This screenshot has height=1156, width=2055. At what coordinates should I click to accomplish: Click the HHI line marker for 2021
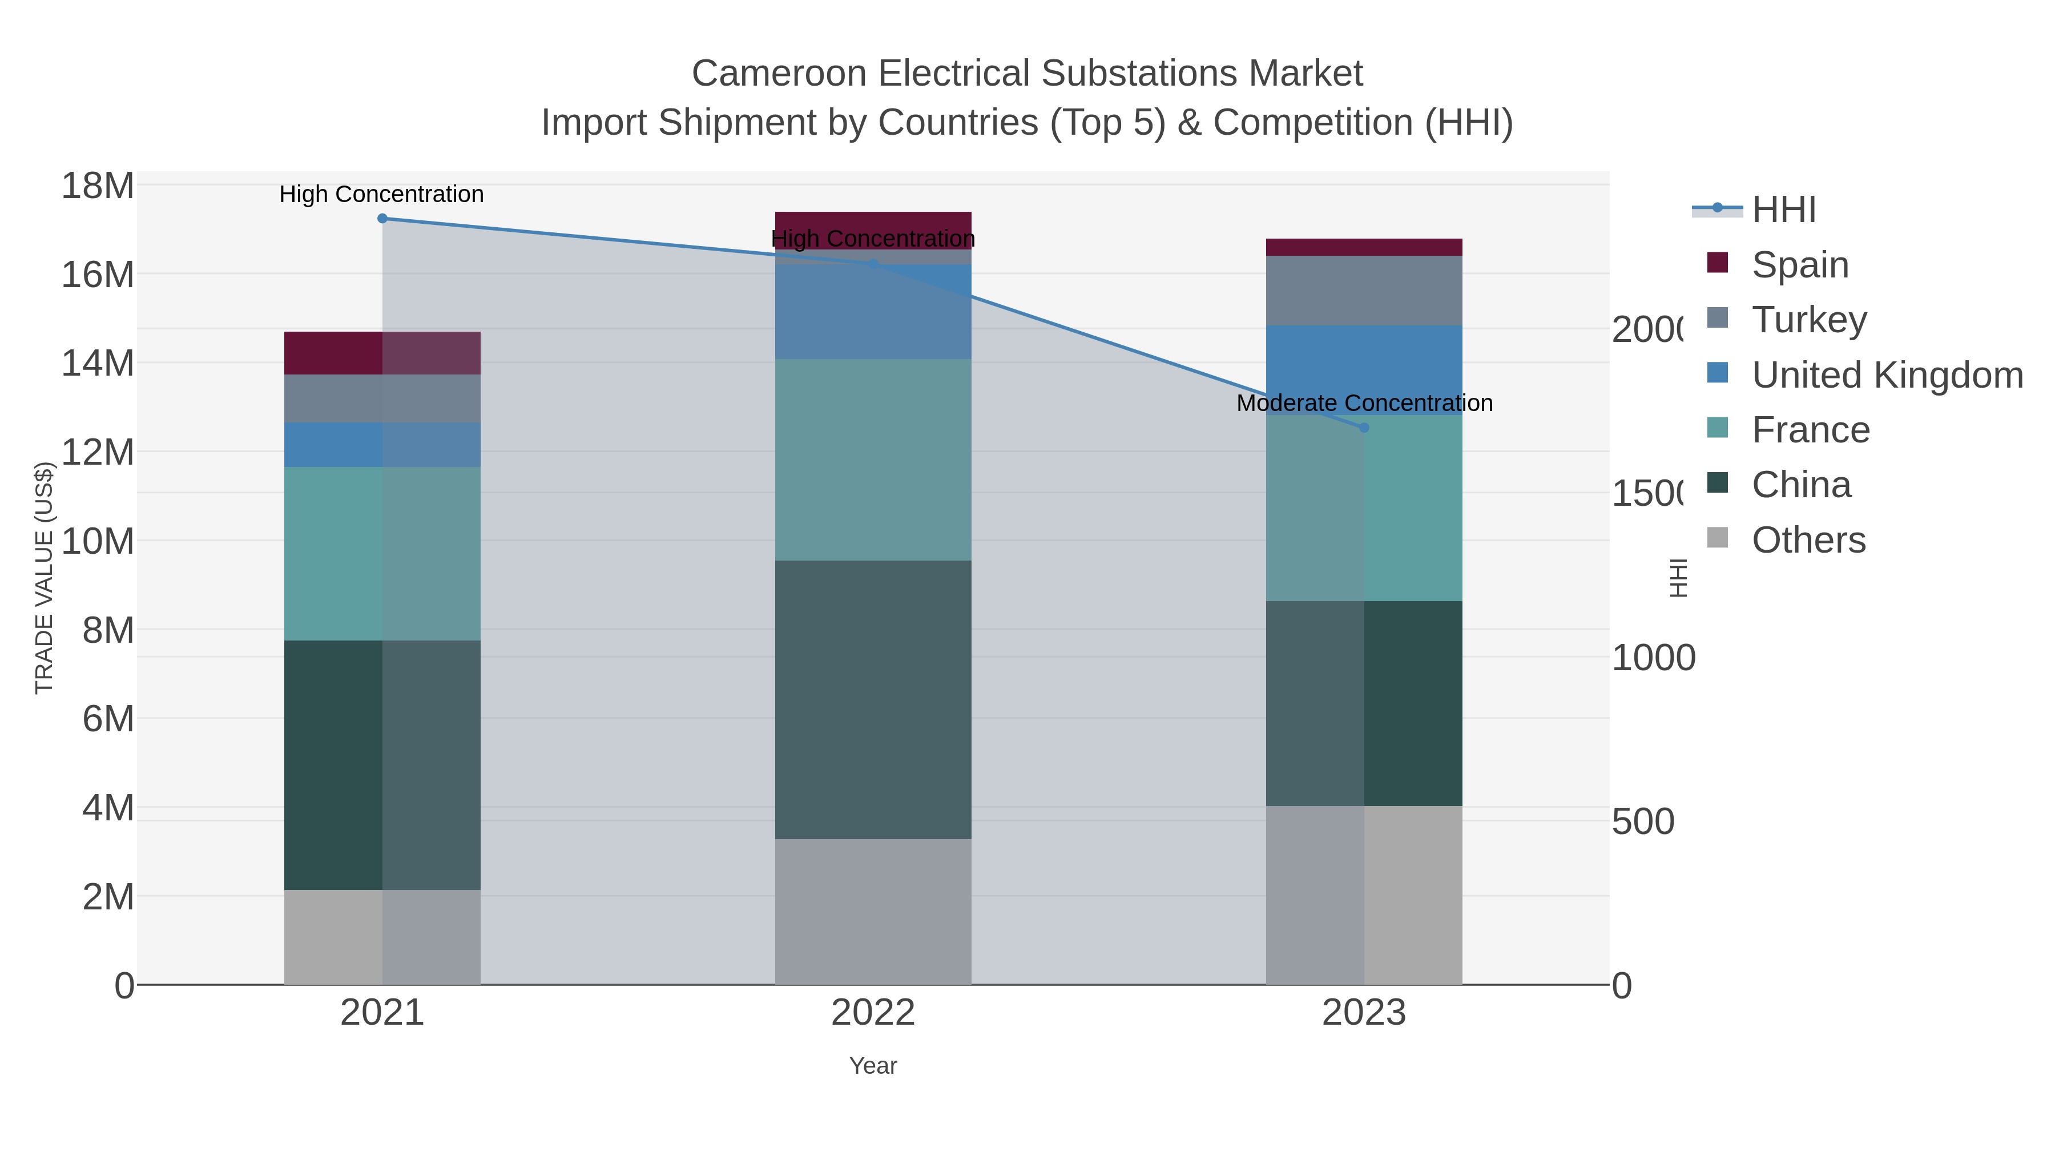[382, 218]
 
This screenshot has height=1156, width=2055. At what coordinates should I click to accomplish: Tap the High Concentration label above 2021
[381, 194]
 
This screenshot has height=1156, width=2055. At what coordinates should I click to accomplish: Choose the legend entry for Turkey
[1808, 319]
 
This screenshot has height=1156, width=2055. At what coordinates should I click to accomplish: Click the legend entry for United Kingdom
[1887, 374]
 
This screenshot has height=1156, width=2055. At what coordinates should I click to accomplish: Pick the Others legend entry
[1808, 540]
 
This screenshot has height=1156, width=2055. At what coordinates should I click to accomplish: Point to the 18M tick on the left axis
[97, 186]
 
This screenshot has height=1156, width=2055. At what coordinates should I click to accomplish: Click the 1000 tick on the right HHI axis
[1653, 658]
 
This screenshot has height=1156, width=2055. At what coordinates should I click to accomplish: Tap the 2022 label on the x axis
[873, 1013]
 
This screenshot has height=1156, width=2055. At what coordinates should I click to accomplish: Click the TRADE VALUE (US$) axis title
[44, 578]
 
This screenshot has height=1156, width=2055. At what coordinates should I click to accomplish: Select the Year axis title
[873, 1066]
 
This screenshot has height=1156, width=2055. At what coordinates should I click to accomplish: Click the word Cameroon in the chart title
[779, 74]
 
